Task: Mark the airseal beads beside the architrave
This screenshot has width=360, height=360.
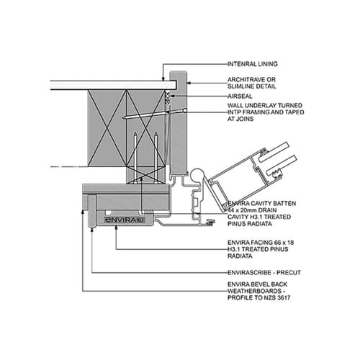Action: (168, 97)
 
